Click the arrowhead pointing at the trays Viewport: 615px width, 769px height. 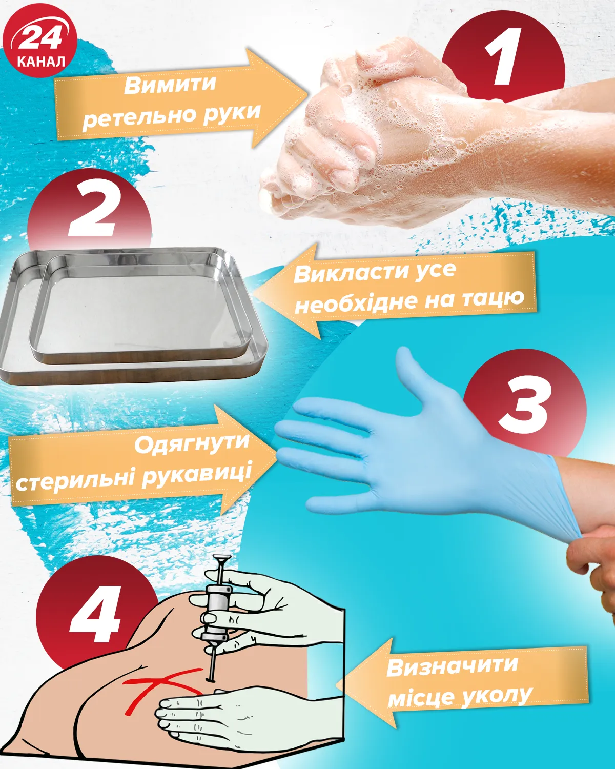pyautogui.click(x=286, y=291)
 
